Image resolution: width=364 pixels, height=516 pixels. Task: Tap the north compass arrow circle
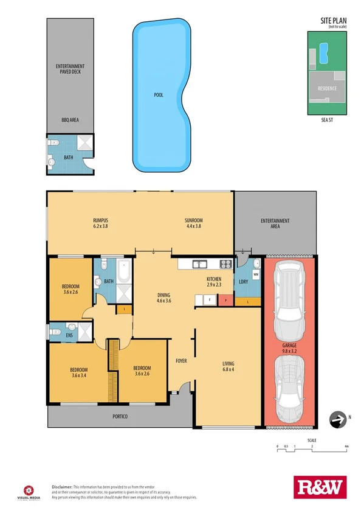pyautogui.click(x=335, y=417)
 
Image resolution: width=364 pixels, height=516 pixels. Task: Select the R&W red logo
pyautogui.click(x=318, y=487)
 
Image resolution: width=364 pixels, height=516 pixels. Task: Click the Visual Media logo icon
pyautogui.click(x=28, y=488)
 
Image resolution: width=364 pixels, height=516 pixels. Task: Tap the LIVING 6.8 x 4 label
pyautogui.click(x=228, y=367)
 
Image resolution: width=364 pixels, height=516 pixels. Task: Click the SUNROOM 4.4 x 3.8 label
pyautogui.click(x=194, y=223)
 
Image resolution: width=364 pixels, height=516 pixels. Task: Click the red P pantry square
pyautogui.click(x=224, y=300)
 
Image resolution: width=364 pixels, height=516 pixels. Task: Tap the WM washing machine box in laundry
pyautogui.click(x=255, y=274)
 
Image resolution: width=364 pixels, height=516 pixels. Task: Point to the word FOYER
pyautogui.click(x=181, y=361)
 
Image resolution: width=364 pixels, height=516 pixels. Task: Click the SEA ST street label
pyautogui.click(x=328, y=120)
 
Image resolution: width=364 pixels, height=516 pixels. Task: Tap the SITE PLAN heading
pyautogui.click(x=333, y=21)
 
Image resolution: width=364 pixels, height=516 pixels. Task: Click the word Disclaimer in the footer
pyautogui.click(x=62, y=487)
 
